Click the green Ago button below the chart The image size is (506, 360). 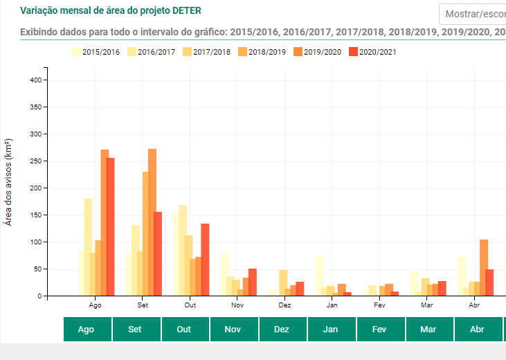[87, 329]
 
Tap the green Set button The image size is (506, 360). [136, 329]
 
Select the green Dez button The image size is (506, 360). [282, 329]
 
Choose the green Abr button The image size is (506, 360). [477, 329]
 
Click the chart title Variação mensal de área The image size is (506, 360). [116, 11]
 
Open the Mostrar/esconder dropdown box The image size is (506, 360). [473, 14]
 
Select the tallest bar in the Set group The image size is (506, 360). [152, 222]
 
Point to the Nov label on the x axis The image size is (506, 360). [237, 305]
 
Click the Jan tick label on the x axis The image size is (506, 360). [332, 305]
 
